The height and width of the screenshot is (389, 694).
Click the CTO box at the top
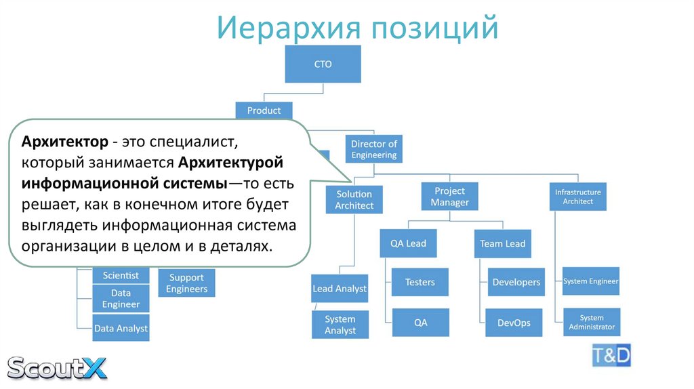click(323, 65)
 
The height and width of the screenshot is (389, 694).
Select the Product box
click(264, 110)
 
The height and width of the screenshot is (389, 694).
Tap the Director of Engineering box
click(373, 150)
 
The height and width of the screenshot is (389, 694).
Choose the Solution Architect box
click(354, 200)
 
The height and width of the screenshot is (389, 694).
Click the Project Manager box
click(449, 197)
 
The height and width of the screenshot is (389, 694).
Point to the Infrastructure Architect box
click(577, 197)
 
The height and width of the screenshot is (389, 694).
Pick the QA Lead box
click(408, 243)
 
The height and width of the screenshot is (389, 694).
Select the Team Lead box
click(502, 244)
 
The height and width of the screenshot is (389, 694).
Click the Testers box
click(420, 282)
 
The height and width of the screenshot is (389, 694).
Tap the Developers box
click(516, 282)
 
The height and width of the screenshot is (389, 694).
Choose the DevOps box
click(514, 323)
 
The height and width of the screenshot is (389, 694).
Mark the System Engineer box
click(591, 281)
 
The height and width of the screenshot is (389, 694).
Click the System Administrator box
click(591, 323)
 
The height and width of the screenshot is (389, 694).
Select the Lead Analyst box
click(339, 289)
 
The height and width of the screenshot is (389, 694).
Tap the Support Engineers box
click(186, 283)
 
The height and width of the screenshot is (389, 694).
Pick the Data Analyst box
click(121, 328)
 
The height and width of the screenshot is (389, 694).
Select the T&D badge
click(611, 354)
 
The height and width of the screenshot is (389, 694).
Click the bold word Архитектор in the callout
click(64, 142)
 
